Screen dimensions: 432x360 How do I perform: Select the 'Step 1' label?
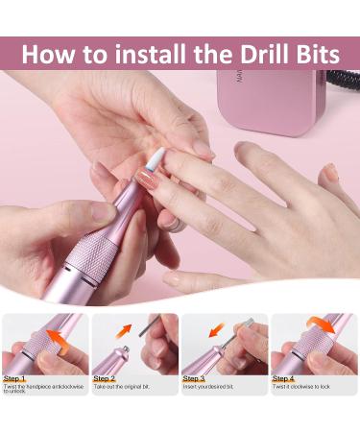(x=15, y=379)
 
